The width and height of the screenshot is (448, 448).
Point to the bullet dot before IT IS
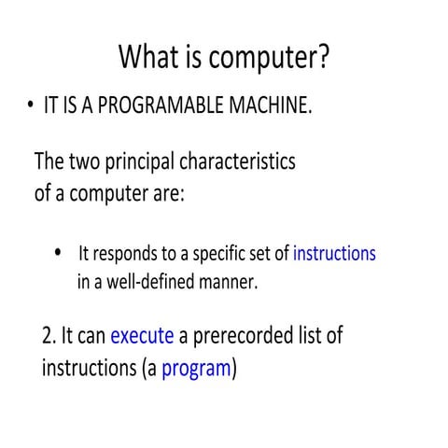(30, 106)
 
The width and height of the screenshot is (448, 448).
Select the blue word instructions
(334, 253)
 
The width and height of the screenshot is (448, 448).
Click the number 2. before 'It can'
(51, 335)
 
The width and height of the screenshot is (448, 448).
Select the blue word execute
(142, 335)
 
